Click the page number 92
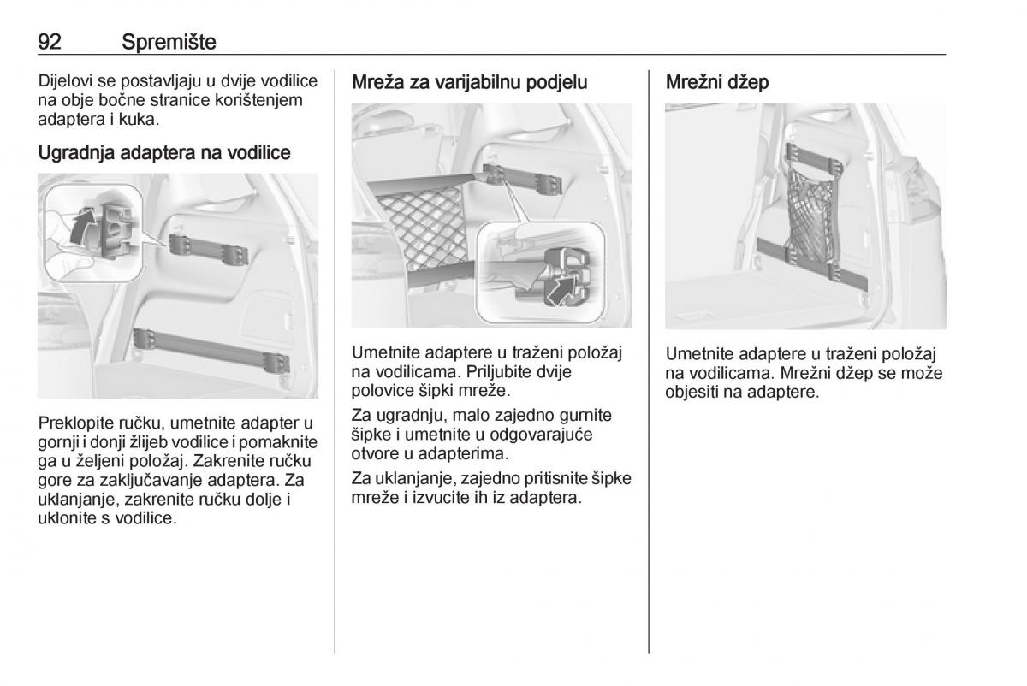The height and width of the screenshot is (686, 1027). click(x=50, y=42)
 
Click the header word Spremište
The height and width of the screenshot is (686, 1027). click(x=169, y=42)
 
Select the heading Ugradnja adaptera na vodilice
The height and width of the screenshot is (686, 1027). click(x=164, y=152)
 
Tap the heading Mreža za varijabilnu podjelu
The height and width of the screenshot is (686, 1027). click(x=470, y=82)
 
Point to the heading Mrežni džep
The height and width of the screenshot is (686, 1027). click(x=717, y=82)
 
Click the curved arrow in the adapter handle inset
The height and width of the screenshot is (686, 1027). click(x=82, y=226)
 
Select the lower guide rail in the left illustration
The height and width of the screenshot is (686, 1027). click(x=211, y=350)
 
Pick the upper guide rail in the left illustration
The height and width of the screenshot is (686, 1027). click(x=209, y=250)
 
